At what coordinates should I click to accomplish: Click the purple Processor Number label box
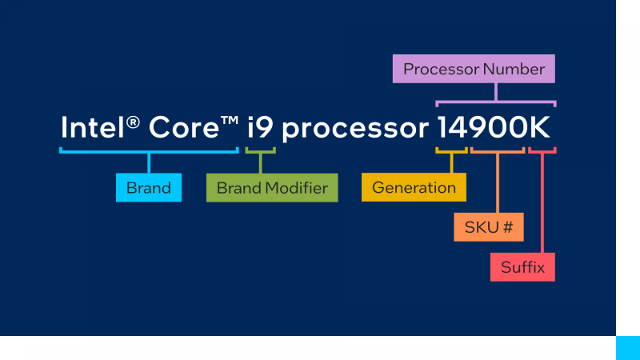pyautogui.click(x=474, y=69)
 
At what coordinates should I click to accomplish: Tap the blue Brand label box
pyautogui.click(x=149, y=188)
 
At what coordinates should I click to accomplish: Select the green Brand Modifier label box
pyautogui.click(x=272, y=188)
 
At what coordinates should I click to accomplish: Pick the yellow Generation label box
pyautogui.click(x=414, y=188)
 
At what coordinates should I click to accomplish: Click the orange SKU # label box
pyautogui.click(x=488, y=227)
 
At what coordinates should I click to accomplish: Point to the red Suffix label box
pyautogui.click(x=522, y=267)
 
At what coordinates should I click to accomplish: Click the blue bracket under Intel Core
pyautogui.click(x=149, y=150)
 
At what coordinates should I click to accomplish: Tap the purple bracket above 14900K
pyautogui.click(x=496, y=102)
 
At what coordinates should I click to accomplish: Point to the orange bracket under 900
pyautogui.click(x=498, y=150)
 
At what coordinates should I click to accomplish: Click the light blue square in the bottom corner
pyautogui.click(x=627, y=348)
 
